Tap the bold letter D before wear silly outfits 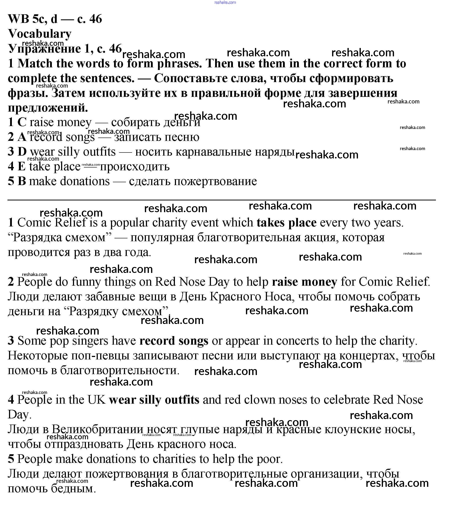click(22, 152)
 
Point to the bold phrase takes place click(287, 223)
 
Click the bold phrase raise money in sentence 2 click(304, 282)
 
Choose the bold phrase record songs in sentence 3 click(174, 341)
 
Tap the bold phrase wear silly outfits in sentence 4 click(154, 400)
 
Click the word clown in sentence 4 click(260, 400)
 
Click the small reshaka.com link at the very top click(225, 2)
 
